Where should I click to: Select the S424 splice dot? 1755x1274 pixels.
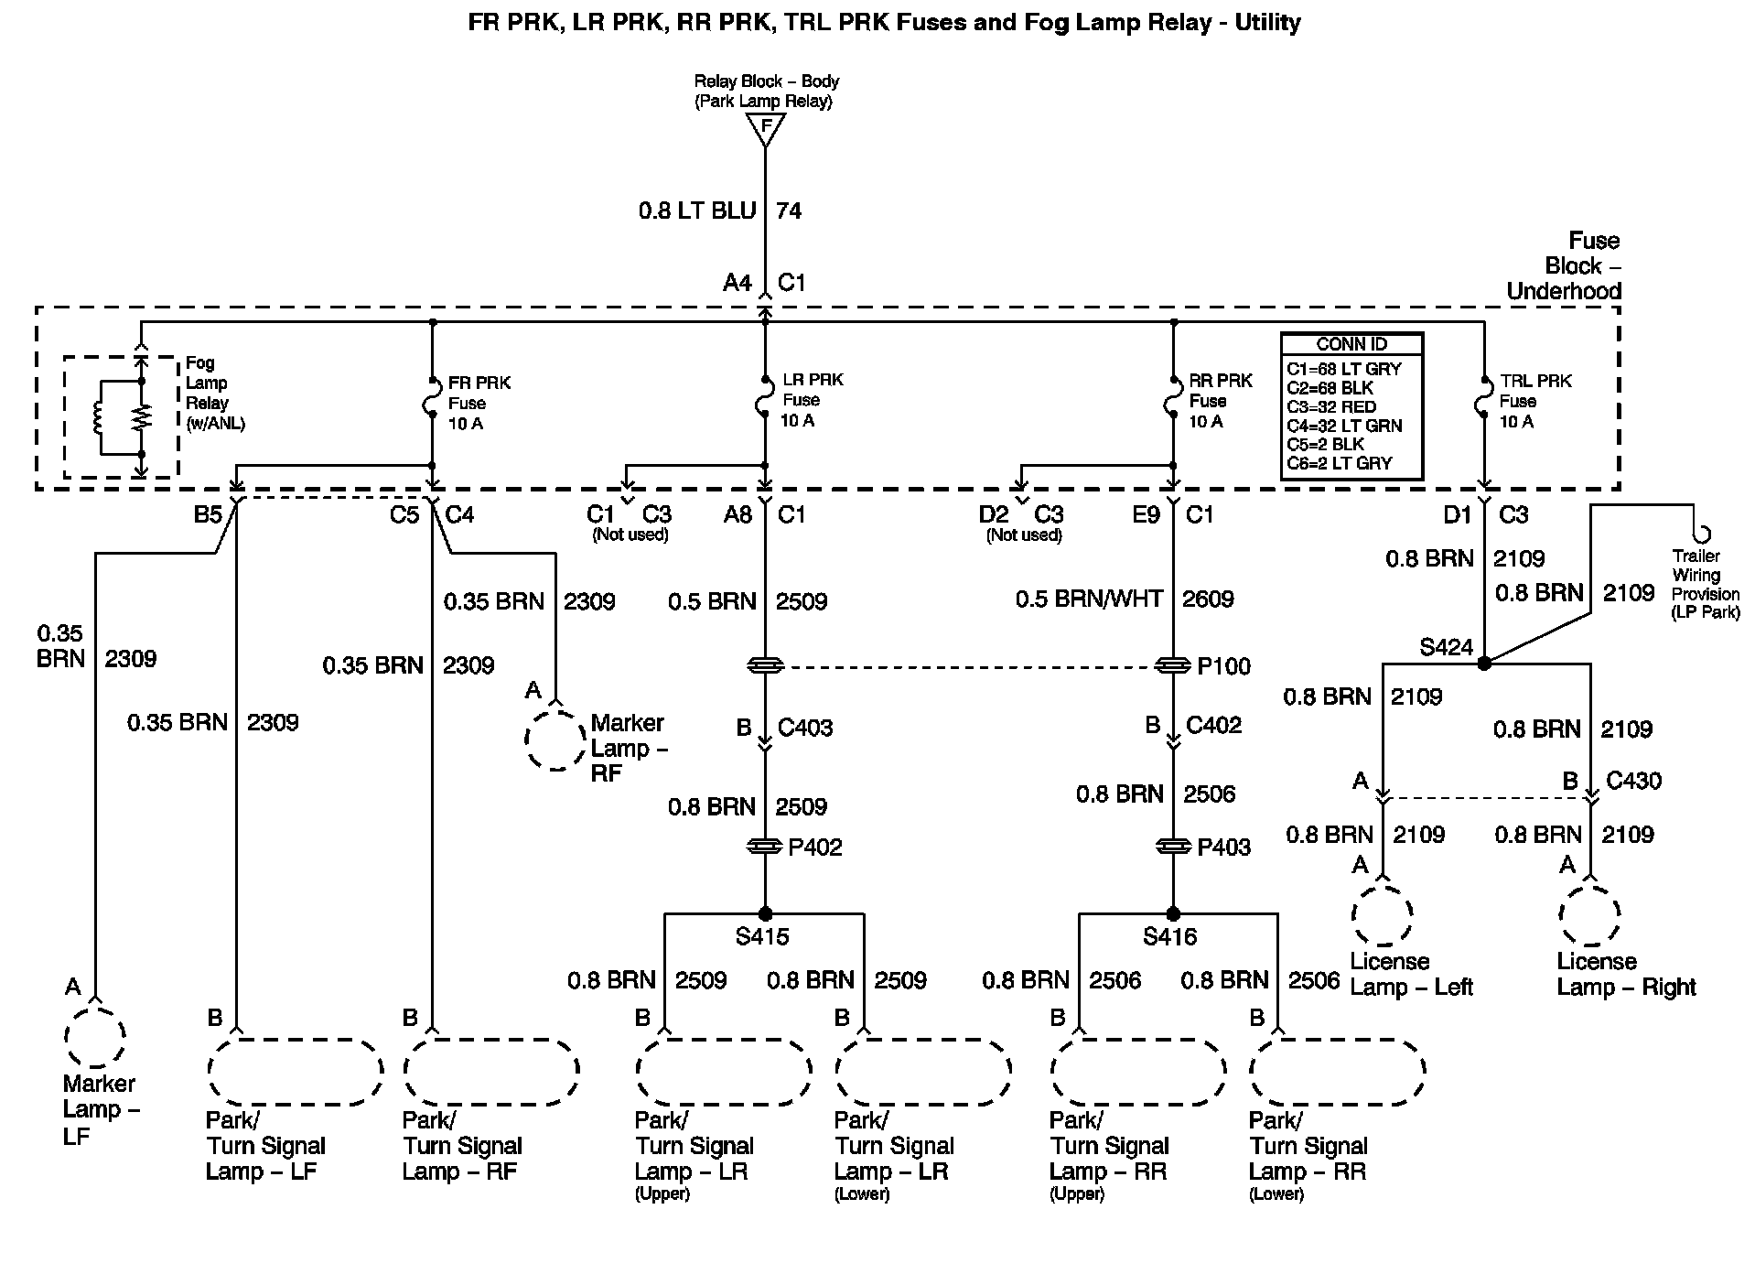pyautogui.click(x=1484, y=663)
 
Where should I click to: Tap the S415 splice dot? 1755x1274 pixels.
pyautogui.click(x=765, y=913)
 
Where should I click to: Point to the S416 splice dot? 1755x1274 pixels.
pyautogui.click(x=1173, y=913)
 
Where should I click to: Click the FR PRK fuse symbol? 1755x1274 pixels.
pyautogui.click(x=433, y=401)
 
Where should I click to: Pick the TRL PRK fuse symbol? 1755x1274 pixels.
pyautogui.click(x=1484, y=401)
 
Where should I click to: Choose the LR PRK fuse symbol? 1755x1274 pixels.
pyautogui.click(x=765, y=401)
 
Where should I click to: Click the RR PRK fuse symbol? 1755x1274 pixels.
pyautogui.click(x=1173, y=401)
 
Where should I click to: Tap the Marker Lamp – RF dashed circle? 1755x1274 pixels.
pyautogui.click(x=555, y=738)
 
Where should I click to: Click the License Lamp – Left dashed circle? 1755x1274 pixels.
pyautogui.click(x=1383, y=913)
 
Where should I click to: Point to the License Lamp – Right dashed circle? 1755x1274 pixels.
pyautogui.click(x=1590, y=913)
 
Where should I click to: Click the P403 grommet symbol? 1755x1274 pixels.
pyautogui.click(x=1173, y=848)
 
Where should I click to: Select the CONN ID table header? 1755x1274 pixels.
pyautogui.click(x=1351, y=344)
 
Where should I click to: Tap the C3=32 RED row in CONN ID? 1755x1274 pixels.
pyautogui.click(x=1331, y=406)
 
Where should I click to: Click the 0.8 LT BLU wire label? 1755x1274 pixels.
pyautogui.click(x=697, y=211)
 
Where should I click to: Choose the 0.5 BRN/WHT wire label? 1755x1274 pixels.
pyautogui.click(x=1089, y=599)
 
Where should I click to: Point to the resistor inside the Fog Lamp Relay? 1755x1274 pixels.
pyautogui.click(x=141, y=417)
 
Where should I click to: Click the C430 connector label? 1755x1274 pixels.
pyautogui.click(x=1633, y=781)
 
